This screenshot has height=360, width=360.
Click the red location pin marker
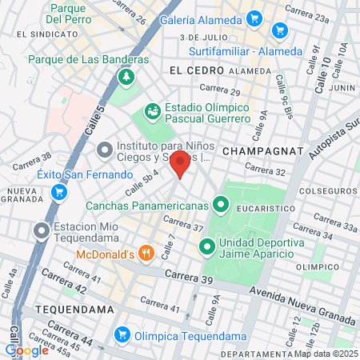coord(180,166)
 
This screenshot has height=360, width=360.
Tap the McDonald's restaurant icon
coord(146,254)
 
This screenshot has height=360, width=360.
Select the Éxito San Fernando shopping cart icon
coord(58,192)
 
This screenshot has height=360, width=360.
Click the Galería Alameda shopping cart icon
coord(254,17)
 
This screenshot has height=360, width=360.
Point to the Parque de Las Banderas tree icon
coord(126,77)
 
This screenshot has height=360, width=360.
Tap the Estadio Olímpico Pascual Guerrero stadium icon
coord(151,110)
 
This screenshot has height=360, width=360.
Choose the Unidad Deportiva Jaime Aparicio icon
coord(207,246)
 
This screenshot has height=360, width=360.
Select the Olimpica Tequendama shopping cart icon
coord(122,334)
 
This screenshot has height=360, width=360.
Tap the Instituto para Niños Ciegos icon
coord(105,150)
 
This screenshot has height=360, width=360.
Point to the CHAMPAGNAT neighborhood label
coord(262,150)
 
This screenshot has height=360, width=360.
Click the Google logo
coord(27,350)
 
